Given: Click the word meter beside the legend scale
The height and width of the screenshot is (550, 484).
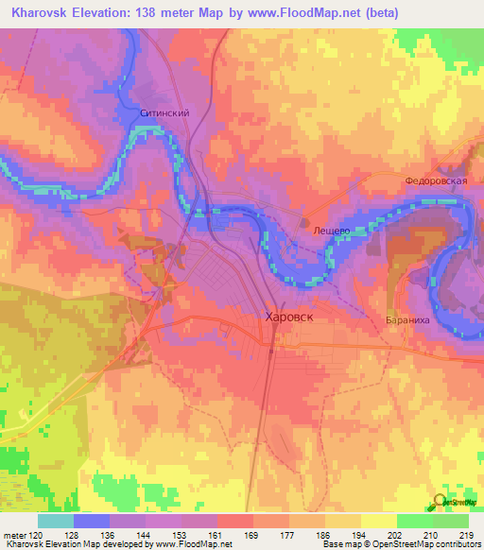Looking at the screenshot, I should tap(14, 536).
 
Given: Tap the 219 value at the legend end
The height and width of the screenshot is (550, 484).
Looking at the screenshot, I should tap(461, 536).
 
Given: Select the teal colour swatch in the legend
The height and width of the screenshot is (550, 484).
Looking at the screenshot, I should tap(56, 521).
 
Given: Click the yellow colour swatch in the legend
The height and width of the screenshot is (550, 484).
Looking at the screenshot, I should tap(378, 521).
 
